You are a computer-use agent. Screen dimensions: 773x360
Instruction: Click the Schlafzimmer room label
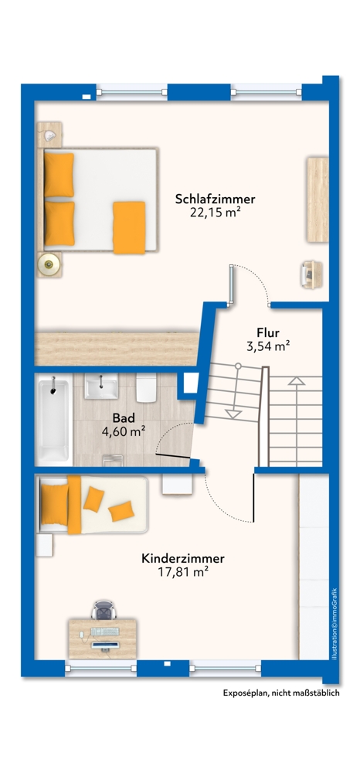pyautogui.click(x=215, y=199)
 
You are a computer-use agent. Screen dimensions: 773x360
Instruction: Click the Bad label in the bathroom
pyautogui.click(x=124, y=418)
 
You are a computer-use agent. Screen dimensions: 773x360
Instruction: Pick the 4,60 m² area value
pyautogui.click(x=124, y=431)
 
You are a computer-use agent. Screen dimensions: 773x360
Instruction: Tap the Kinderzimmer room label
pyautogui.click(x=182, y=557)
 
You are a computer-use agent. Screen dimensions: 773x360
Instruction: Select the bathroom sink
pyautogui.click(x=101, y=386)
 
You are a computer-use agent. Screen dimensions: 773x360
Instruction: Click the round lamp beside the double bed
pyautogui.click(x=50, y=264)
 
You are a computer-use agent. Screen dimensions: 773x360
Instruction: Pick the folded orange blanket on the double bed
pyautogui.click(x=129, y=226)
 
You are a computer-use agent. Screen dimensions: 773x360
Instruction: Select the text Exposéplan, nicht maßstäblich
pyautogui.click(x=280, y=693)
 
